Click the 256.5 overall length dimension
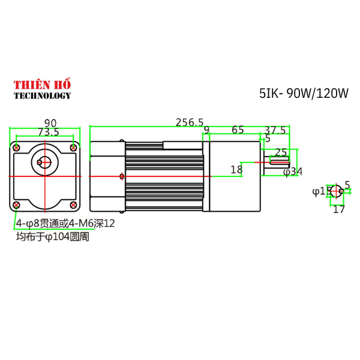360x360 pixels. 190,122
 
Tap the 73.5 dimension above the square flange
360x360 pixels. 48,131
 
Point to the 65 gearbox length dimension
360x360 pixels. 238,130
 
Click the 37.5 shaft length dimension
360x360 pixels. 275,130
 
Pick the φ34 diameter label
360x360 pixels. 293,172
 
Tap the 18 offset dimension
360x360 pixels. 236,170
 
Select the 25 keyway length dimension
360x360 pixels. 280,152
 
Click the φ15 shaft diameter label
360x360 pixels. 322,191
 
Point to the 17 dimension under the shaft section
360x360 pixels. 339,209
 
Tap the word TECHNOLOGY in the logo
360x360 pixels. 42,95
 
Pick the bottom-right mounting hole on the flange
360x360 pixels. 74,205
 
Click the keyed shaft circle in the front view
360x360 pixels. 44,161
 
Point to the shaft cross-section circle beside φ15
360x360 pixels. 338,192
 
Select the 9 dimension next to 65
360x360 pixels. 206,130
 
